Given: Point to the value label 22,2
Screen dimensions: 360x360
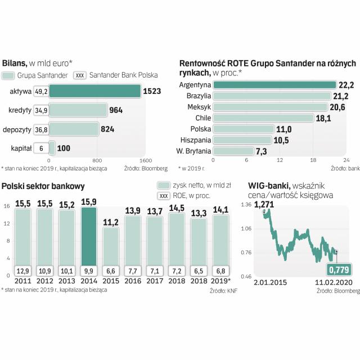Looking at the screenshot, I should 346,85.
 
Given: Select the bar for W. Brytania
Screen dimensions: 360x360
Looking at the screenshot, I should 233,151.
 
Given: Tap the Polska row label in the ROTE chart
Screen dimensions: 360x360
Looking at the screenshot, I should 200,129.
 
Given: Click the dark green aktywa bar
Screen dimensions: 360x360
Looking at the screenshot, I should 94,91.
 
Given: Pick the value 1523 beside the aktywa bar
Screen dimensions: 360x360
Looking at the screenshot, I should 153,91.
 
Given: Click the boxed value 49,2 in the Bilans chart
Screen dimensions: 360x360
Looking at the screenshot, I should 41,91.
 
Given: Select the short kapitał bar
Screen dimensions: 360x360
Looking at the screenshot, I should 52,148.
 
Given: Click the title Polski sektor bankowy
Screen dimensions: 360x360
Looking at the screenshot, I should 43,185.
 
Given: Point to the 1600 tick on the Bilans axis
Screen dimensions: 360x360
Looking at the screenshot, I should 139,160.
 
